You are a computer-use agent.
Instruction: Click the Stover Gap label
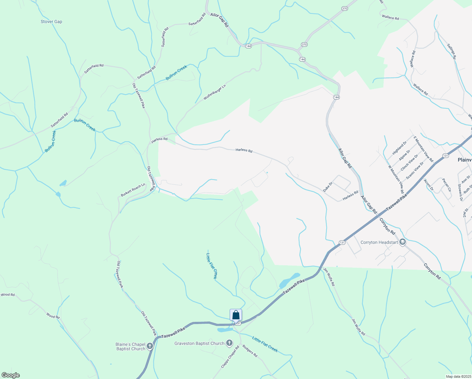[51, 21]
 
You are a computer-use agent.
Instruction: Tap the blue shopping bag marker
[236, 315]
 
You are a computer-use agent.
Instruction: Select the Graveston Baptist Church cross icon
[229, 343]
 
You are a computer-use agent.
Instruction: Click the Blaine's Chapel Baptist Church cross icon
[150, 346]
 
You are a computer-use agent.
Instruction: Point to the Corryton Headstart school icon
[402, 242]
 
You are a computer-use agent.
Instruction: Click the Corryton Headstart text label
[379, 242]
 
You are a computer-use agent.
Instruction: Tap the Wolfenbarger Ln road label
[215, 92]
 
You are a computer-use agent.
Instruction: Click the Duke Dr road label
[328, 187]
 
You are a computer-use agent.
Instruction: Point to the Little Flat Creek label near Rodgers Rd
[265, 344]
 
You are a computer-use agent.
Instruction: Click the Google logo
[11, 375]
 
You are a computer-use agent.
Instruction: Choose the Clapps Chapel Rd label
[230, 357]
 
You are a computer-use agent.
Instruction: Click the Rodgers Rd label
[250, 351]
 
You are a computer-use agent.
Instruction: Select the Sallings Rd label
[451, 51]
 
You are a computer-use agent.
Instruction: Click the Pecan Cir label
[446, 185]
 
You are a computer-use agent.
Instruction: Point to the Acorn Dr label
[429, 185]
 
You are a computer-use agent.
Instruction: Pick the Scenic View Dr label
[415, 171]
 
